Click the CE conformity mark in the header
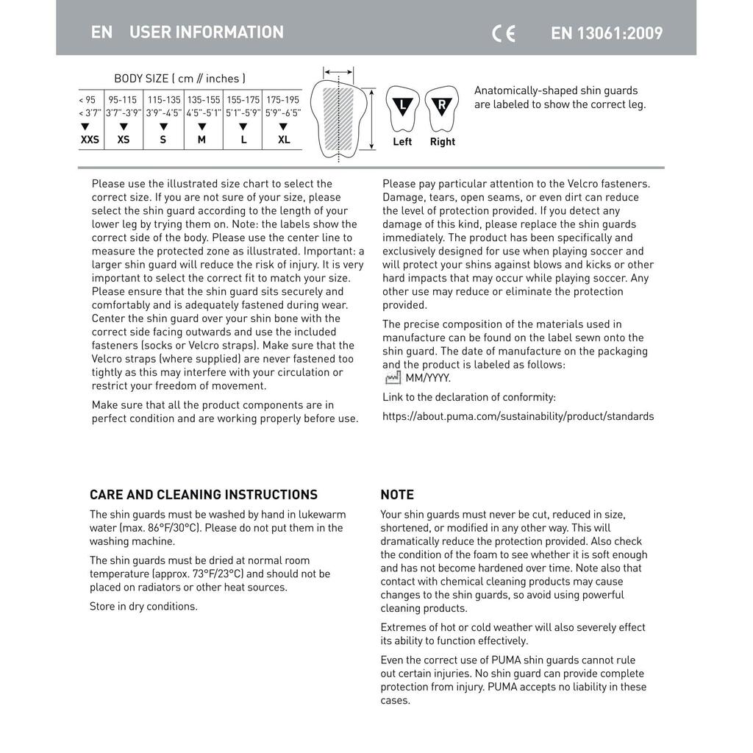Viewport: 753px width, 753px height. coord(504,33)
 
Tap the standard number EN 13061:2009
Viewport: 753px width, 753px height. coord(607,33)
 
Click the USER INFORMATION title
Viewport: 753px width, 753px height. coord(206,32)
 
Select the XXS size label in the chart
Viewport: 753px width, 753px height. coord(90,140)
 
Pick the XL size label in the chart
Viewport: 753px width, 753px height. coord(284,140)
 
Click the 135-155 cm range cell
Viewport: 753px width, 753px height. coord(204,100)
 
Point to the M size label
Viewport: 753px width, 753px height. coord(201,140)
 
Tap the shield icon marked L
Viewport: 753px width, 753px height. coord(402,107)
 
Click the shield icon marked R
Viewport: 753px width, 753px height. coord(441,107)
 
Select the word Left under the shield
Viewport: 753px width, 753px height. coord(402,142)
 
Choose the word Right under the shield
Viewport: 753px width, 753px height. coord(443,142)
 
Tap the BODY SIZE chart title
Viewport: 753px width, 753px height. coord(179,78)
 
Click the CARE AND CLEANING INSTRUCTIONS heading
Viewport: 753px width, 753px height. coord(204,495)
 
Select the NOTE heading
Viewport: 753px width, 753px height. coord(397,495)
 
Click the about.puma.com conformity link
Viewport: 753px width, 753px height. coord(518,416)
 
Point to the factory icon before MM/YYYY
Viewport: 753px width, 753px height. coord(393,378)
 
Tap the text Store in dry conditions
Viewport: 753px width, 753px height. coord(143,607)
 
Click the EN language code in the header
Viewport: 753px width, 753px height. coord(102,32)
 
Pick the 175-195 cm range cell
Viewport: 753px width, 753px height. coord(283,100)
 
